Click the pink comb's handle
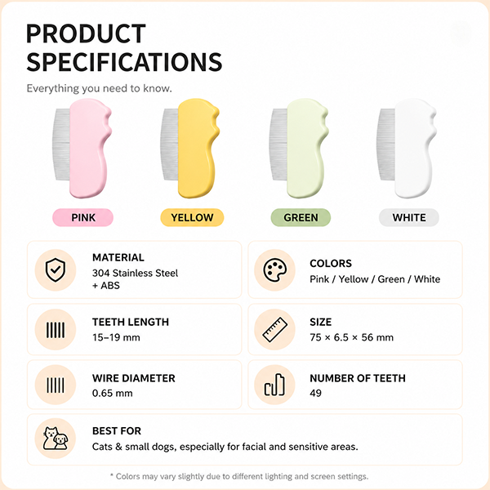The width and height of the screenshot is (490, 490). click(x=89, y=149)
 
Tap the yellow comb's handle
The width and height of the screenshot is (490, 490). click(x=197, y=149)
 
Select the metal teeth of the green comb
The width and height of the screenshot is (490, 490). click(x=278, y=145)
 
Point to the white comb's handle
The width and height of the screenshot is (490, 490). click(x=414, y=149)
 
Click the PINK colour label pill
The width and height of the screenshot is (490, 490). click(x=82, y=217)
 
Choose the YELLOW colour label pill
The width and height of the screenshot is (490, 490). click(x=192, y=217)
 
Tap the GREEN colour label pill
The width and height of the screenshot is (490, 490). click(x=301, y=217)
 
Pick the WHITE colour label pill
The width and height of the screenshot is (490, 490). click(x=409, y=217)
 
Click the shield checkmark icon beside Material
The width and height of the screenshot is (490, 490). click(x=56, y=270)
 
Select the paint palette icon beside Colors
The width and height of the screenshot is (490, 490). click(x=274, y=270)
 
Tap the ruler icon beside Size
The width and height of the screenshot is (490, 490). click(x=274, y=330)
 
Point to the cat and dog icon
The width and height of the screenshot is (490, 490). click(x=56, y=439)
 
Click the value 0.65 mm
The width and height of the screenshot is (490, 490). click(x=113, y=393)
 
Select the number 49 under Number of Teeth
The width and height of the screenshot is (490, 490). click(x=315, y=393)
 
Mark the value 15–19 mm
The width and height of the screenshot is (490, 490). click(x=116, y=337)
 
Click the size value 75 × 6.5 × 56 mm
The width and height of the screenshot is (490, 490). click(x=351, y=337)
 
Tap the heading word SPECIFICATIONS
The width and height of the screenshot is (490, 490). click(x=124, y=62)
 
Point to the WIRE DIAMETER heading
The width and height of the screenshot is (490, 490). click(x=134, y=378)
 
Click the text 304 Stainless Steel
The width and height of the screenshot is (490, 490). click(x=135, y=273)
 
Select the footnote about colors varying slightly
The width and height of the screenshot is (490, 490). click(x=239, y=477)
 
